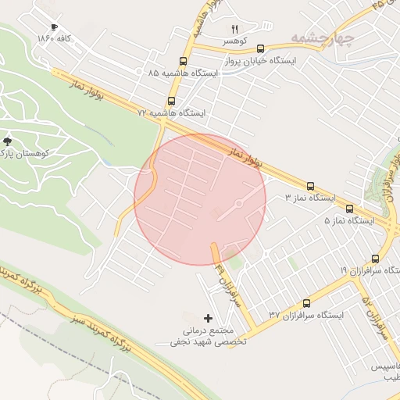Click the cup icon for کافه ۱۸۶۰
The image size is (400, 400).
[53, 27]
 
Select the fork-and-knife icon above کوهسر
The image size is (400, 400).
[234, 29]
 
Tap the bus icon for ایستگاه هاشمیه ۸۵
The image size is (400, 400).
[183, 61]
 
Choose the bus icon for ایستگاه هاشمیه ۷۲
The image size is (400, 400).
[171, 102]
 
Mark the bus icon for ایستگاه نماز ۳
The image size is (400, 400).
[311, 187]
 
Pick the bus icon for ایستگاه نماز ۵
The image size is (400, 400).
[349, 209]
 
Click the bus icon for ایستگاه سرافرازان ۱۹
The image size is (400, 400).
[376, 259]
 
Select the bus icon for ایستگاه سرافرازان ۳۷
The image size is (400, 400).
[306, 303]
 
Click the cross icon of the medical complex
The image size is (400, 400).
[208, 318]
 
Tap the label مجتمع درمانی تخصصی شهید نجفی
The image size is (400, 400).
[209, 336]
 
